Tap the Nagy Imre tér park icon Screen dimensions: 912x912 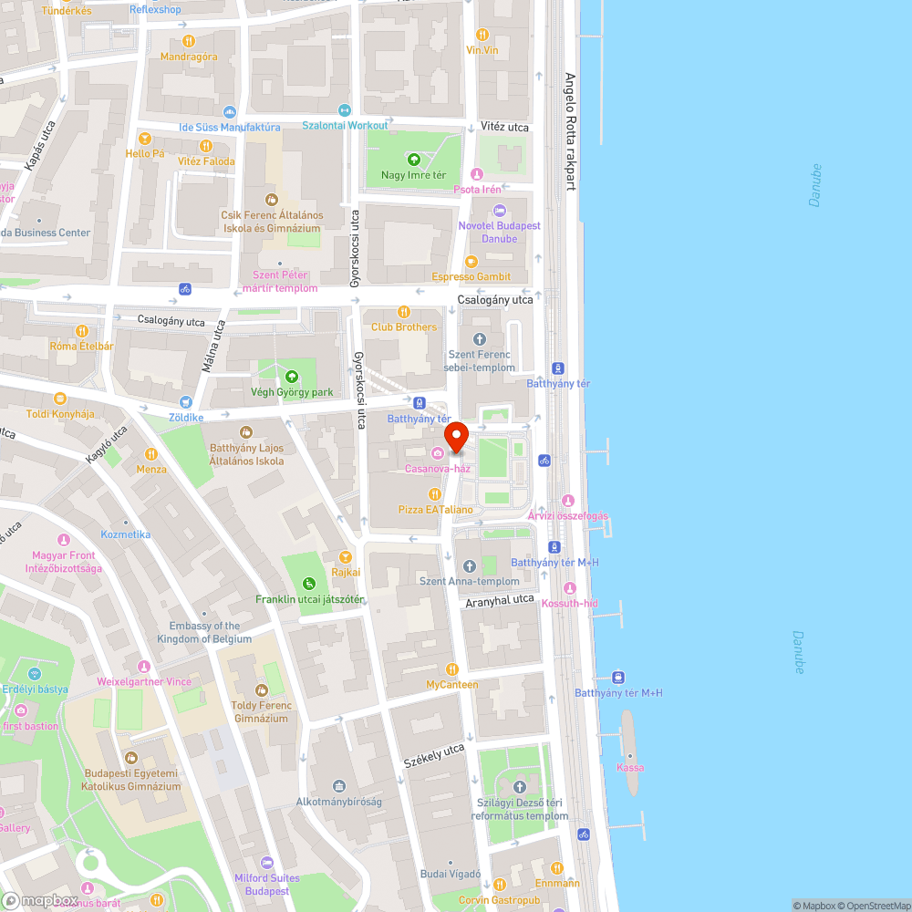pos(413,160)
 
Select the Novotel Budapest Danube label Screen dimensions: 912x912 pos(500,232)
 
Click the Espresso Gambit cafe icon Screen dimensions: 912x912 pos(471,262)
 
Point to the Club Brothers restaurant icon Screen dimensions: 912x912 pos(404,312)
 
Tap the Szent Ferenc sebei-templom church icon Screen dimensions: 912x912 pos(479,339)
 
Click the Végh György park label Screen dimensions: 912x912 pos(292,392)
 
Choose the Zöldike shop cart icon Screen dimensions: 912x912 pos(186,401)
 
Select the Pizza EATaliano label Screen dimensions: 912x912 pos(436,510)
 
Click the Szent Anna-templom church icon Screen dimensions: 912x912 pos(470,566)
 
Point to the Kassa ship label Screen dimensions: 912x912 pos(629,767)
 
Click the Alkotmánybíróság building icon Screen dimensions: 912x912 pos(339,786)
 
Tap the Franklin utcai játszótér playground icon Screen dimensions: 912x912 pos(309,584)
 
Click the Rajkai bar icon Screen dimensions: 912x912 pos(346,556)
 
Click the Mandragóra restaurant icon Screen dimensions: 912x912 pos(189,40)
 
